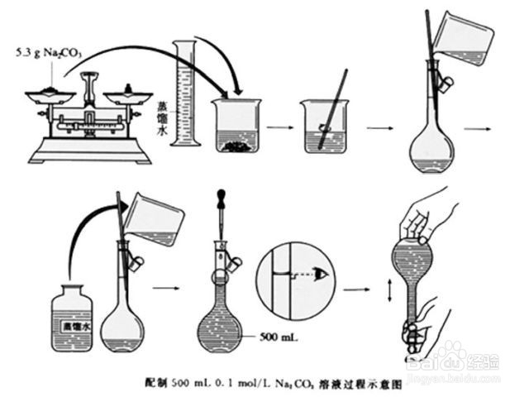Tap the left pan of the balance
tap(49, 95)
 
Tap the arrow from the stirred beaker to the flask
tap(379, 128)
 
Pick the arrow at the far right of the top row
tap(475, 128)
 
